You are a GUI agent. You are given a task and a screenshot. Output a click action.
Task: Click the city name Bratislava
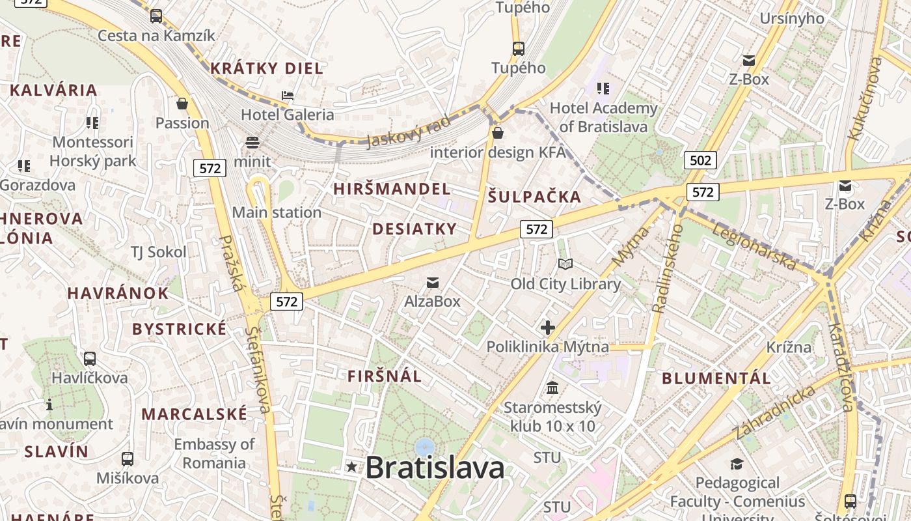coord(435,468)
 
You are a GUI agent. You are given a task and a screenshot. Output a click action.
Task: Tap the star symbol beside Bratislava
coord(352,466)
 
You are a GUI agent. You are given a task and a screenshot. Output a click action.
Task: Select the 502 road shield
coord(700,160)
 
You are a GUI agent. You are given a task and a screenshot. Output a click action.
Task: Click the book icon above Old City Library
coord(565,264)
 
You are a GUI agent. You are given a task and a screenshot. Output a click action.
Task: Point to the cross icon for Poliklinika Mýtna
coord(548,328)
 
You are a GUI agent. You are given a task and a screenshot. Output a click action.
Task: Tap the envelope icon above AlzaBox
coord(432,283)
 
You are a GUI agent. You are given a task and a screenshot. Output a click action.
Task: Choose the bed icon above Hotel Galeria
coord(288,96)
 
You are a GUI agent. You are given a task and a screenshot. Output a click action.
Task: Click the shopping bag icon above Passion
coord(182,104)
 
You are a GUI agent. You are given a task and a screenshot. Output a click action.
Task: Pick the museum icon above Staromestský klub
coord(552,389)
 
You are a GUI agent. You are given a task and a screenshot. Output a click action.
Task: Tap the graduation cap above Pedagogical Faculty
coord(737,464)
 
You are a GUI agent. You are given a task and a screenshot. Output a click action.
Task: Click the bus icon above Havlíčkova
coord(90,358)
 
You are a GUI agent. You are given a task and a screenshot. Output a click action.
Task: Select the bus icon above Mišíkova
coord(128,458)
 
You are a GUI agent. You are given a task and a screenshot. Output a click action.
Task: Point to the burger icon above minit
coord(252,143)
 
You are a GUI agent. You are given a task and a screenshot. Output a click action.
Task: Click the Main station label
coord(277,212)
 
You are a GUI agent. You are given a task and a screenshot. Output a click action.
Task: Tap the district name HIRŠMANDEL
coord(392,189)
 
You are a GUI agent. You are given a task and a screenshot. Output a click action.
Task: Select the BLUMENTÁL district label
coord(716,378)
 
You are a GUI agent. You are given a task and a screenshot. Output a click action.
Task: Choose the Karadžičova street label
coord(841,367)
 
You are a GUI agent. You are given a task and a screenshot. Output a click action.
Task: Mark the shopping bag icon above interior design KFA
coord(498,134)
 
